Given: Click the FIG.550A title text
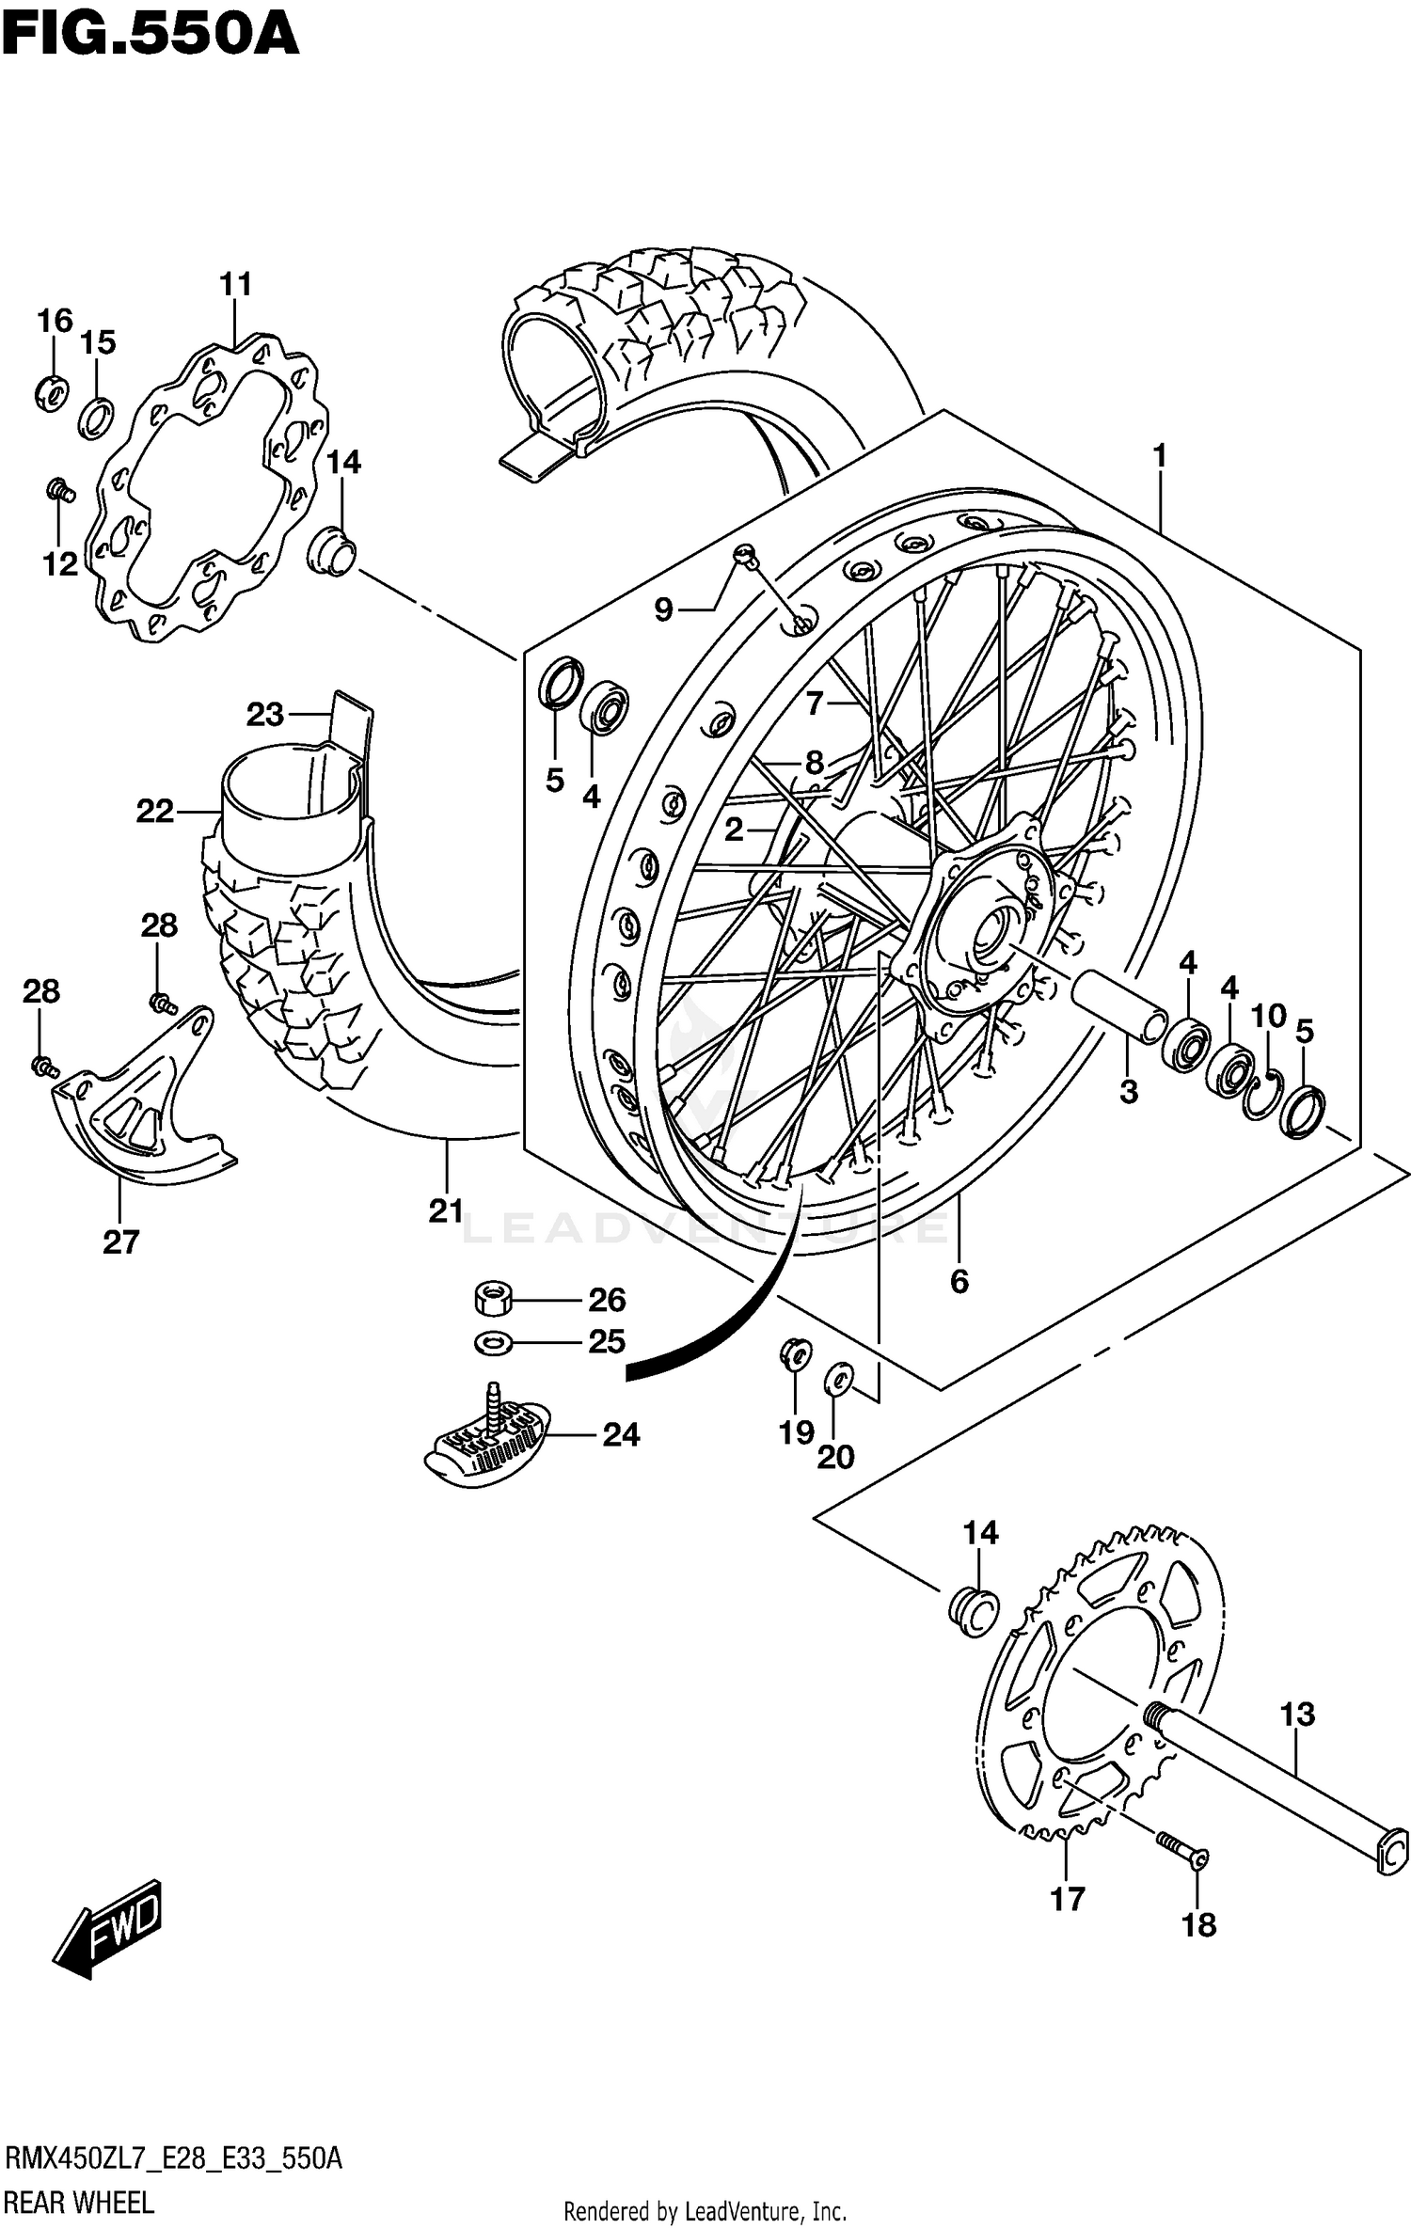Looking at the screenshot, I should [x=151, y=38].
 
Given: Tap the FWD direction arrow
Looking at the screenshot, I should [x=108, y=1924].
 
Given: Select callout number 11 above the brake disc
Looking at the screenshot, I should [x=236, y=283].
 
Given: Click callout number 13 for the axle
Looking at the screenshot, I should [x=1297, y=1714].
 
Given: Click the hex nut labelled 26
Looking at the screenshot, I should [x=491, y=1300].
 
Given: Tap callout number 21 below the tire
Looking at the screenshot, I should [x=446, y=1210].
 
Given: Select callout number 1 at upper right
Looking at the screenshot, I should [x=1159, y=455].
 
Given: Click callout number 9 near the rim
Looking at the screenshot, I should [x=664, y=610].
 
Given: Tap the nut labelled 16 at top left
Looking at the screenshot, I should [x=52, y=391].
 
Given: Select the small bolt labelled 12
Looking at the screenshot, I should [x=60, y=488].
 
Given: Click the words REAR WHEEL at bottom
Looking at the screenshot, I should [x=80, y=2203].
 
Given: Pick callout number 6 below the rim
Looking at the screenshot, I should [x=959, y=1281].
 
